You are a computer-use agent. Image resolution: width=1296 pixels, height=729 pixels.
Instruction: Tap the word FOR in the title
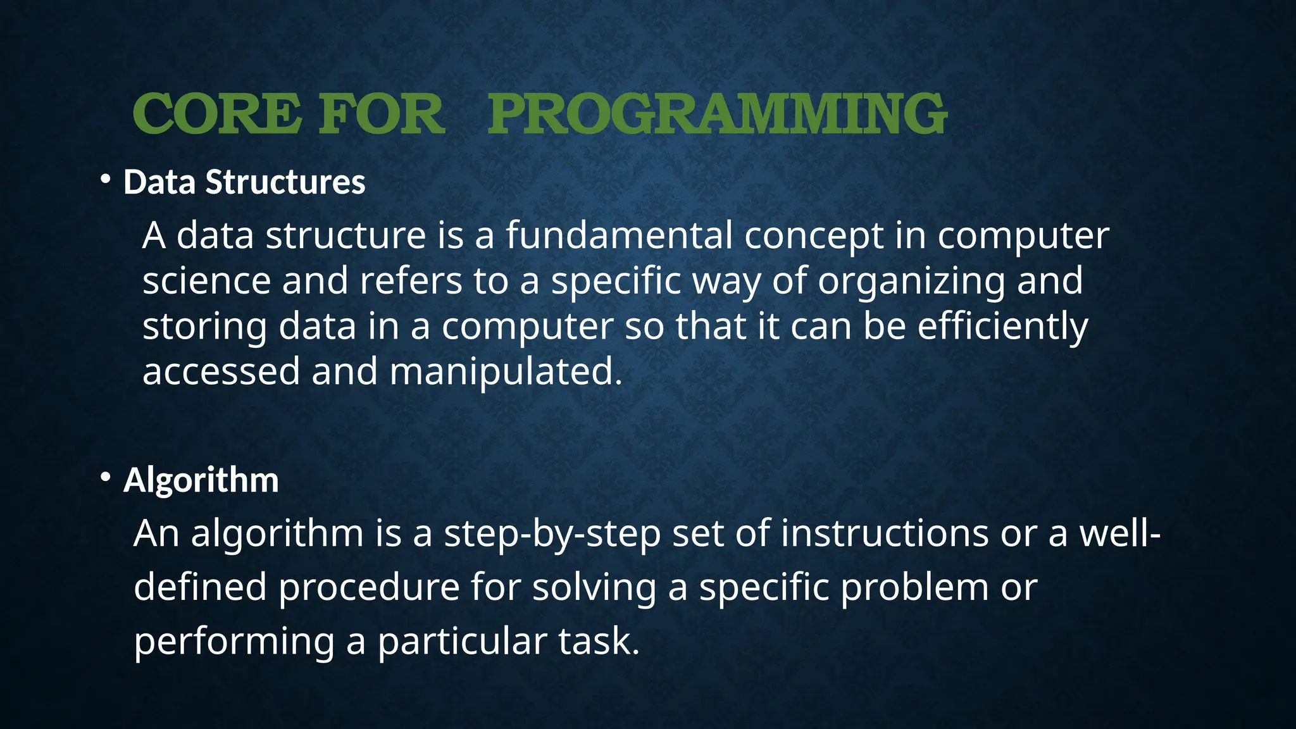click(381, 114)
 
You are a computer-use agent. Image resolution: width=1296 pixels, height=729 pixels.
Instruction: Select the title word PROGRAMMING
click(717, 114)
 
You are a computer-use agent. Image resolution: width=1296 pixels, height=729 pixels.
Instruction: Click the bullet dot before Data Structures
click(106, 180)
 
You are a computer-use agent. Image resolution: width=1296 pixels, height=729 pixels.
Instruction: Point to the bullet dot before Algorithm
click(106, 478)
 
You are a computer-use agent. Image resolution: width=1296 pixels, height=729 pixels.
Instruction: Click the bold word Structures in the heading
click(285, 182)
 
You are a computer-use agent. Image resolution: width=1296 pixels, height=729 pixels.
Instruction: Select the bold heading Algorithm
click(201, 480)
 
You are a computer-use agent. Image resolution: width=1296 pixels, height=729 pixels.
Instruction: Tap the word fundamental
click(618, 235)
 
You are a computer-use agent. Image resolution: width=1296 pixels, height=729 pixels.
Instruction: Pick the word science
click(206, 281)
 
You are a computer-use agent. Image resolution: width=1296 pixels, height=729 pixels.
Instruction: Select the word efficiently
click(1002, 327)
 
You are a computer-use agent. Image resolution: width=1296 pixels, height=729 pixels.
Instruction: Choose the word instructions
click(884, 533)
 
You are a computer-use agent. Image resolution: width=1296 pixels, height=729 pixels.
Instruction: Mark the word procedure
click(369, 588)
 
